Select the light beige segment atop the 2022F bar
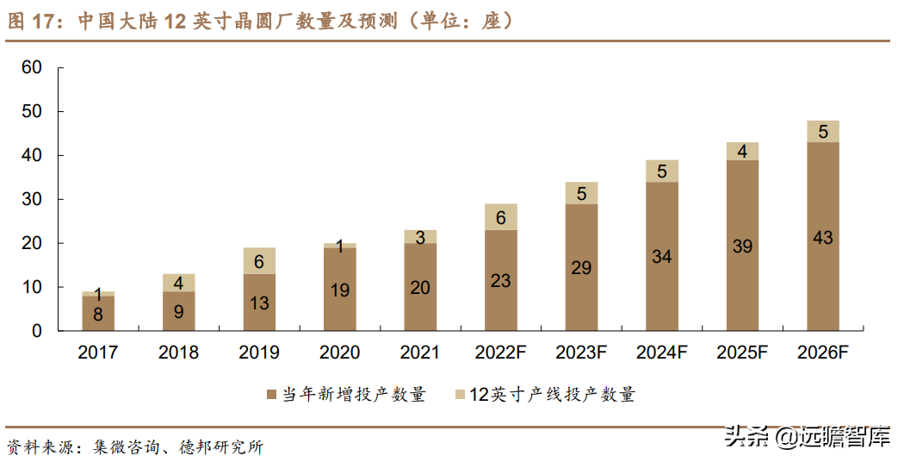point(500,217)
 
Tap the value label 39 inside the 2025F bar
point(742,247)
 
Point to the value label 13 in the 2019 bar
point(259,303)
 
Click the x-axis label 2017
point(97,353)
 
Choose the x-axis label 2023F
point(581,353)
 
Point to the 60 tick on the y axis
point(32,68)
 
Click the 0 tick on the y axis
point(37,331)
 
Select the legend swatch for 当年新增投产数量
point(271,395)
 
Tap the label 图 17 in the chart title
point(31,22)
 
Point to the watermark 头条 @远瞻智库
point(806,438)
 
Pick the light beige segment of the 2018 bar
point(178,283)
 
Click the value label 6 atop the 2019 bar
point(259,260)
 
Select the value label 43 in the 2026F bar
point(822,238)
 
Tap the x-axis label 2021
point(420,353)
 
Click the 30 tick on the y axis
point(32,199)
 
